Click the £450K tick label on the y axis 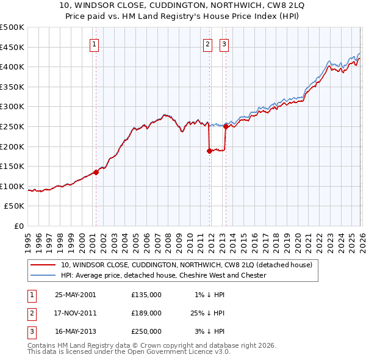pos(12,47)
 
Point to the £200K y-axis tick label pos(12,146)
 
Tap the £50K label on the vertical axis pos(15,206)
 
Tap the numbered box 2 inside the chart pos(207,43)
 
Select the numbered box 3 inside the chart pos(224,43)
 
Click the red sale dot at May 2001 pos(96,172)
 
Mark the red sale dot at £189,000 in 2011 pos(209,151)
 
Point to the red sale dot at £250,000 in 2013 pos(225,127)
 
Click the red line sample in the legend pos(43,265)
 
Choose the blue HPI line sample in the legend pos(43,275)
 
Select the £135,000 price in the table pos(146,295)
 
